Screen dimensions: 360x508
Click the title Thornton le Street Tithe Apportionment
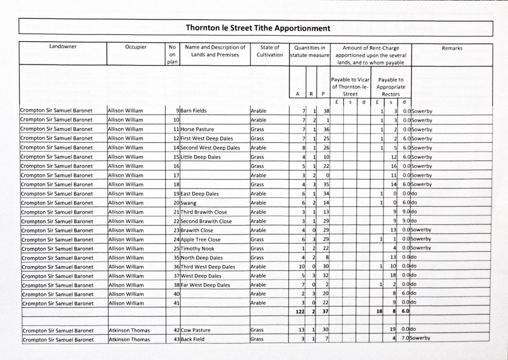[257, 28]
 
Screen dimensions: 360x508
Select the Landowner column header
[63, 48]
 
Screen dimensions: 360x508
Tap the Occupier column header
[136, 48]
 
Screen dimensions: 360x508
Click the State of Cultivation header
[270, 51]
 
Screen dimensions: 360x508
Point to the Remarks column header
[451, 48]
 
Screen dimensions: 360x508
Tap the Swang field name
[189, 203]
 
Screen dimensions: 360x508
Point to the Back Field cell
[192, 339]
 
